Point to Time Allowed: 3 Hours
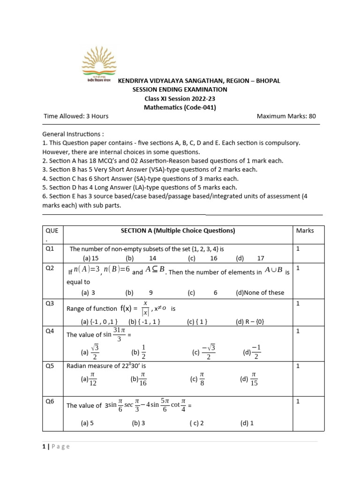76,116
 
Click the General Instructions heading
73,134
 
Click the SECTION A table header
178,231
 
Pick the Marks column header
305,231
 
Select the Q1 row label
50,249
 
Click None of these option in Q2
260,292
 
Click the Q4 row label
50,331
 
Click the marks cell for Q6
298,401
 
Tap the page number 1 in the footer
44,447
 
